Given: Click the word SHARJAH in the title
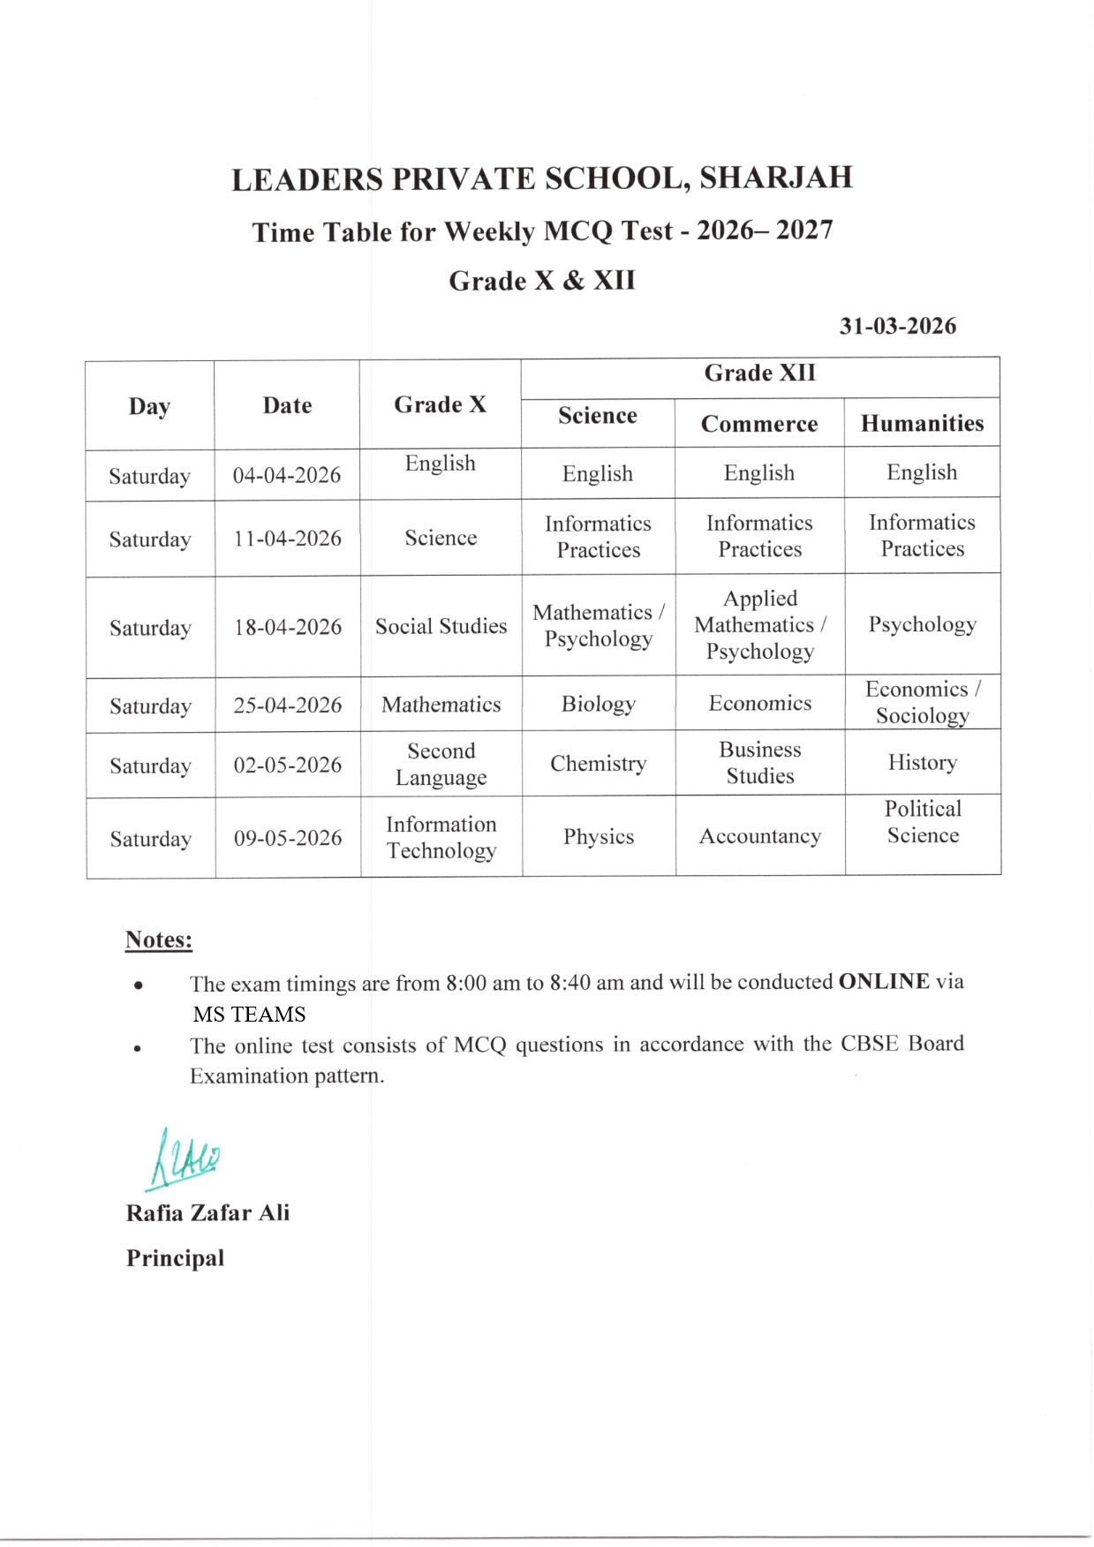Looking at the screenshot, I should pyautogui.click(x=775, y=177).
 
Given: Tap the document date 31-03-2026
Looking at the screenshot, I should pyautogui.click(x=897, y=326).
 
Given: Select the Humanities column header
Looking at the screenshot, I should pyautogui.click(x=922, y=423).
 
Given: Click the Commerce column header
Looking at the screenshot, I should pyautogui.click(x=759, y=424).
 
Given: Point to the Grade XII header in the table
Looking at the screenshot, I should pyautogui.click(x=759, y=374).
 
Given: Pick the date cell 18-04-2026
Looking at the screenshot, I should pyautogui.click(x=287, y=627).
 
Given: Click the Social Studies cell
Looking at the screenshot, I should pyautogui.click(x=441, y=626).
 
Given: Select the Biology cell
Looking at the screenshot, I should pyautogui.click(x=598, y=704).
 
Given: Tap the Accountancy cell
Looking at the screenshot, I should pyautogui.click(x=759, y=836).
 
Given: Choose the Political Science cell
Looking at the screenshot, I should pyautogui.click(x=923, y=822).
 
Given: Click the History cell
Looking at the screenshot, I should pyautogui.click(x=922, y=762).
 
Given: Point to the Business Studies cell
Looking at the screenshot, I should pyautogui.click(x=759, y=763).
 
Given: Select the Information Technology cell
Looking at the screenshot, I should pyautogui.click(x=441, y=837).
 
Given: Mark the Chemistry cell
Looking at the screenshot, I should pyautogui.click(x=598, y=763).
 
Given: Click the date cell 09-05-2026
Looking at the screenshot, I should pyautogui.click(x=287, y=838).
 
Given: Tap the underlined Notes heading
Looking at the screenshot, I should pyautogui.click(x=159, y=940).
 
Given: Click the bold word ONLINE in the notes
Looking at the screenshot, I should pyautogui.click(x=883, y=982).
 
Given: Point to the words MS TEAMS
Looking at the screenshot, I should pyautogui.click(x=249, y=1014).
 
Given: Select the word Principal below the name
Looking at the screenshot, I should pyautogui.click(x=175, y=1258).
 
